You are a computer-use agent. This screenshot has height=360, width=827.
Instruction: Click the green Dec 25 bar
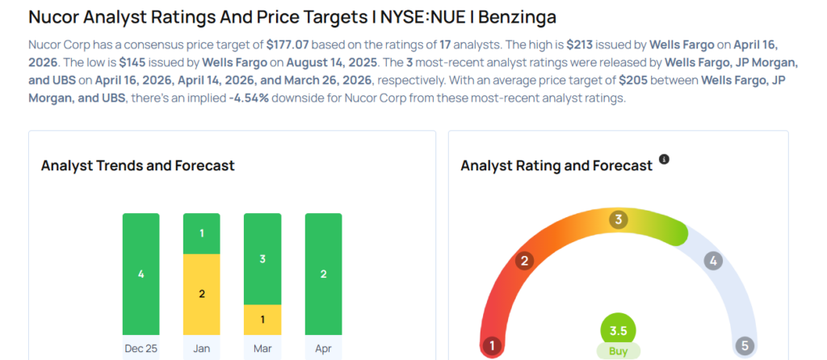[x=141, y=274]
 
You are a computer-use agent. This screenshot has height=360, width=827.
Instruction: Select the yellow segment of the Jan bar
[x=202, y=294]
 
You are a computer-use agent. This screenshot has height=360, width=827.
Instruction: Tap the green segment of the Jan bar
[x=202, y=233]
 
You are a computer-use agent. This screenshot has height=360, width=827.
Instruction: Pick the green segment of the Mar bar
[x=262, y=258]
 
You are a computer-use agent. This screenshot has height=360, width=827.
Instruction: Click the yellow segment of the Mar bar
[x=262, y=319]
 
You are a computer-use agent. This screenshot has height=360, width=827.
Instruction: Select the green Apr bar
[x=323, y=274]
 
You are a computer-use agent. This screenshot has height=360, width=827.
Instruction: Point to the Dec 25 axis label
[x=141, y=349]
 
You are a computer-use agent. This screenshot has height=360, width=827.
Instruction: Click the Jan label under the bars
[x=202, y=349]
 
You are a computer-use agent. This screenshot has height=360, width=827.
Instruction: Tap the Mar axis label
[x=262, y=349]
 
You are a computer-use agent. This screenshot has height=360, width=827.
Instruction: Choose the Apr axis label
[x=323, y=349]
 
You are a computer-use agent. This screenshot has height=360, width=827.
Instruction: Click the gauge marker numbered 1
[x=491, y=346]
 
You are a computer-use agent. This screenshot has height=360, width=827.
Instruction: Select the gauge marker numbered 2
[x=524, y=261]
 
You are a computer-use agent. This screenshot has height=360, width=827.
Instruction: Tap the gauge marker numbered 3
[x=619, y=220]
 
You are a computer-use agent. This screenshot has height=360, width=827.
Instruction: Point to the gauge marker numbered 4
[x=712, y=261]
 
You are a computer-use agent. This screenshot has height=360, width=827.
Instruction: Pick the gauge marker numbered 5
[x=745, y=346]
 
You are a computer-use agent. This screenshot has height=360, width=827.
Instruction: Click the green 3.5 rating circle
[x=618, y=330]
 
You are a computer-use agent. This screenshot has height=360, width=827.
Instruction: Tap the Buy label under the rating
[x=618, y=351]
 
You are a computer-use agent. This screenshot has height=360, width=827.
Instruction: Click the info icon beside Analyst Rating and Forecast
[x=665, y=160]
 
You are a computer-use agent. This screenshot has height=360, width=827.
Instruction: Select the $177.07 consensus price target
[x=288, y=44]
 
